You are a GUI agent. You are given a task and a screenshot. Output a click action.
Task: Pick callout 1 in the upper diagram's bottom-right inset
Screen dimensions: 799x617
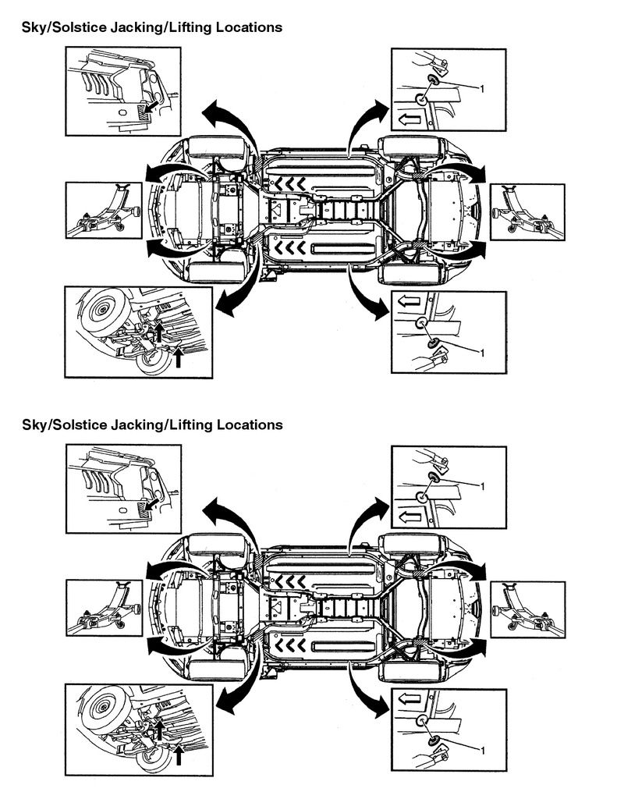(484, 353)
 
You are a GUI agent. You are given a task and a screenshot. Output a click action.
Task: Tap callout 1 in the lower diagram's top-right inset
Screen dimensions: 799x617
(484, 486)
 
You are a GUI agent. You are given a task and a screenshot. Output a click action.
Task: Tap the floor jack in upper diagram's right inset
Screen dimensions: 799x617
(527, 211)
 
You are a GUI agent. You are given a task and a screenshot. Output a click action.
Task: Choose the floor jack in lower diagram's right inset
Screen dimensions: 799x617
(527, 609)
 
